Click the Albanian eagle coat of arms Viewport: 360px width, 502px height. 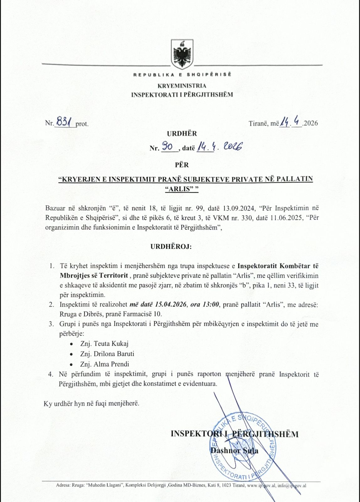tap(182, 54)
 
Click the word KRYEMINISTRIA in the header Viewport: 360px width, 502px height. tap(182, 86)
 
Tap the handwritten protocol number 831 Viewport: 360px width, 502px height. tap(64, 121)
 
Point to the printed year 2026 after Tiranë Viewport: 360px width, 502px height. tap(311, 123)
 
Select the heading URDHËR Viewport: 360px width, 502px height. tap(182, 134)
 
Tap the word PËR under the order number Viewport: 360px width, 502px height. tap(182, 165)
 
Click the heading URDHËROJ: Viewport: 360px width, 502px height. tap(171, 247)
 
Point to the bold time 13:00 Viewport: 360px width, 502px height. tap(210, 304)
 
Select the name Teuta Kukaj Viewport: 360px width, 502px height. tap(111, 344)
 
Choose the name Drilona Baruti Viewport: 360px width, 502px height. tap(114, 354)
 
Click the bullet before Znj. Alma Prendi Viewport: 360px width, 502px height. tap(71, 365)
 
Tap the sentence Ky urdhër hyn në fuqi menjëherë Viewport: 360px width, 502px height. tap(92, 403)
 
